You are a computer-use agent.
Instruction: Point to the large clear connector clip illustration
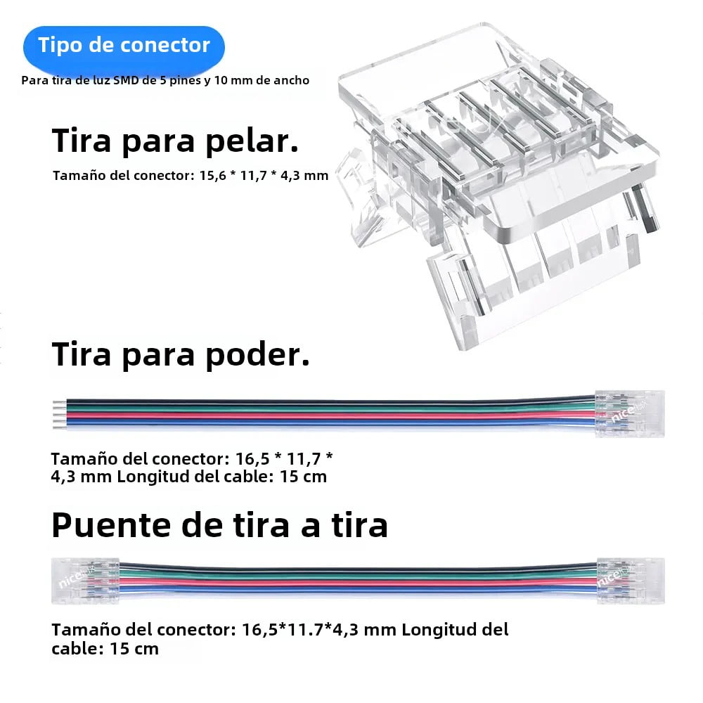tap(498, 183)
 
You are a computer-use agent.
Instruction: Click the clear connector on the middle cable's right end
tap(629, 414)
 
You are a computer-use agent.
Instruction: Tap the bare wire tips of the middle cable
tap(60, 415)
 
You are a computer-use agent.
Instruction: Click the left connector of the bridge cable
tap(86, 581)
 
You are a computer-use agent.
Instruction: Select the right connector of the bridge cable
tap(631, 581)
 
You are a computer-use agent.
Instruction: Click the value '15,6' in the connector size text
tap(213, 175)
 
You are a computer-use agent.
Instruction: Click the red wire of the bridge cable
tap(358, 582)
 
